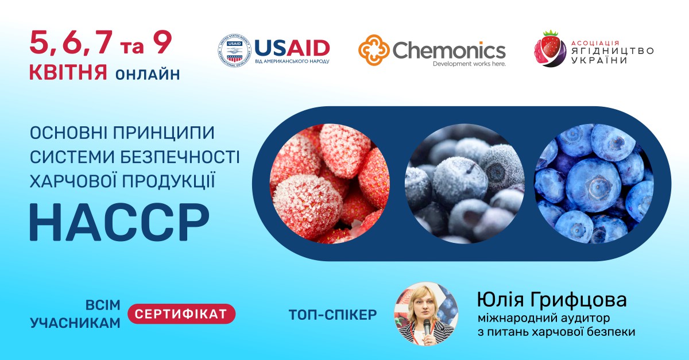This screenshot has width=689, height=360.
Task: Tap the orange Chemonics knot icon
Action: pyautogui.click(x=373, y=51)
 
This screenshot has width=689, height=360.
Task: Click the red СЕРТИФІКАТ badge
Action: pyautogui.click(x=181, y=313)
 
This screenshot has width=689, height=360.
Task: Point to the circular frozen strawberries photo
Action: pyautogui.click(x=329, y=183)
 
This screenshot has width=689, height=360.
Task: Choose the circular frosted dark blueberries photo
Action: pyautogui.click(x=464, y=183)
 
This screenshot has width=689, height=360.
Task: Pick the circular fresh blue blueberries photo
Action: pyautogui.click(x=594, y=183)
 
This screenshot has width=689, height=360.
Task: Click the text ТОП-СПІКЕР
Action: pyautogui.click(x=333, y=315)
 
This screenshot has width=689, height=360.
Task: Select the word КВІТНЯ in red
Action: pyautogui.click(x=68, y=73)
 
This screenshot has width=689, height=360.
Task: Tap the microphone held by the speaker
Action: pyautogui.click(x=427, y=327)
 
